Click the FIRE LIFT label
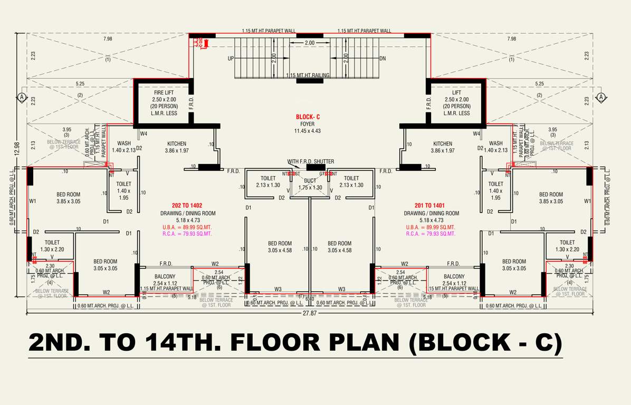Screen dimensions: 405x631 click(164, 93)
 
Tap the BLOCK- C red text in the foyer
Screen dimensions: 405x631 click(308, 117)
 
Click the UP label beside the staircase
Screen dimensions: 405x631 click(231, 59)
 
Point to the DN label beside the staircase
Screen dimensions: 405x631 click(383, 59)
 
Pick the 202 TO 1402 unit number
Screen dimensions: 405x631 click(187, 206)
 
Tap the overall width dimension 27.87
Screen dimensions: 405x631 click(310, 313)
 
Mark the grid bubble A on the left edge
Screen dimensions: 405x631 click(22, 97)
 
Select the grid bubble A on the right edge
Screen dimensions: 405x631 click(600, 97)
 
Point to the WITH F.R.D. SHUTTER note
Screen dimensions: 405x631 click(310, 161)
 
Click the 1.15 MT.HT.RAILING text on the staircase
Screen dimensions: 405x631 click(308, 75)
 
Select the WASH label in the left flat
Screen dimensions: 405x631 click(124, 143)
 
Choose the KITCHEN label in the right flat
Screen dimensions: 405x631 click(442, 143)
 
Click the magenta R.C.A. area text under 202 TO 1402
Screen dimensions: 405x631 click(187, 234)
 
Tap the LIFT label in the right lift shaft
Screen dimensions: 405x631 click(456, 93)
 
